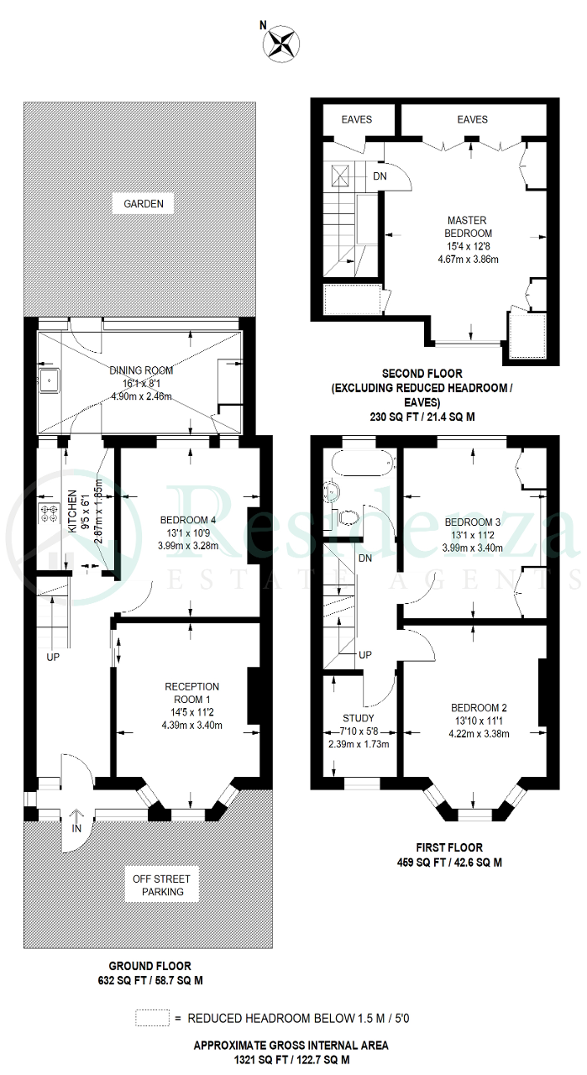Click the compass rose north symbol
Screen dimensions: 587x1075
280,45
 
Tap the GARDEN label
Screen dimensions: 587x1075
144,203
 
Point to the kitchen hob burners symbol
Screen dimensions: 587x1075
49,513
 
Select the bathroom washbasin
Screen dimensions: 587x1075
333,492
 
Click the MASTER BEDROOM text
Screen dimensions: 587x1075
468,227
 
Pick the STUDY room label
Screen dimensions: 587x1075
358,718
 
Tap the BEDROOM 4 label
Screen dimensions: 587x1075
187,520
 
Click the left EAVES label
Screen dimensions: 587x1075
357,119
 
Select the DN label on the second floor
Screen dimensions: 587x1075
380,176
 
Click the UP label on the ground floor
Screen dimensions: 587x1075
53,657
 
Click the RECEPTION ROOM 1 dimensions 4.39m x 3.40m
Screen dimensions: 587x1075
192,725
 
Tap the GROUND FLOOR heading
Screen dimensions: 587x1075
150,966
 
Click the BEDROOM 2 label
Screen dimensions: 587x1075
479,707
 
